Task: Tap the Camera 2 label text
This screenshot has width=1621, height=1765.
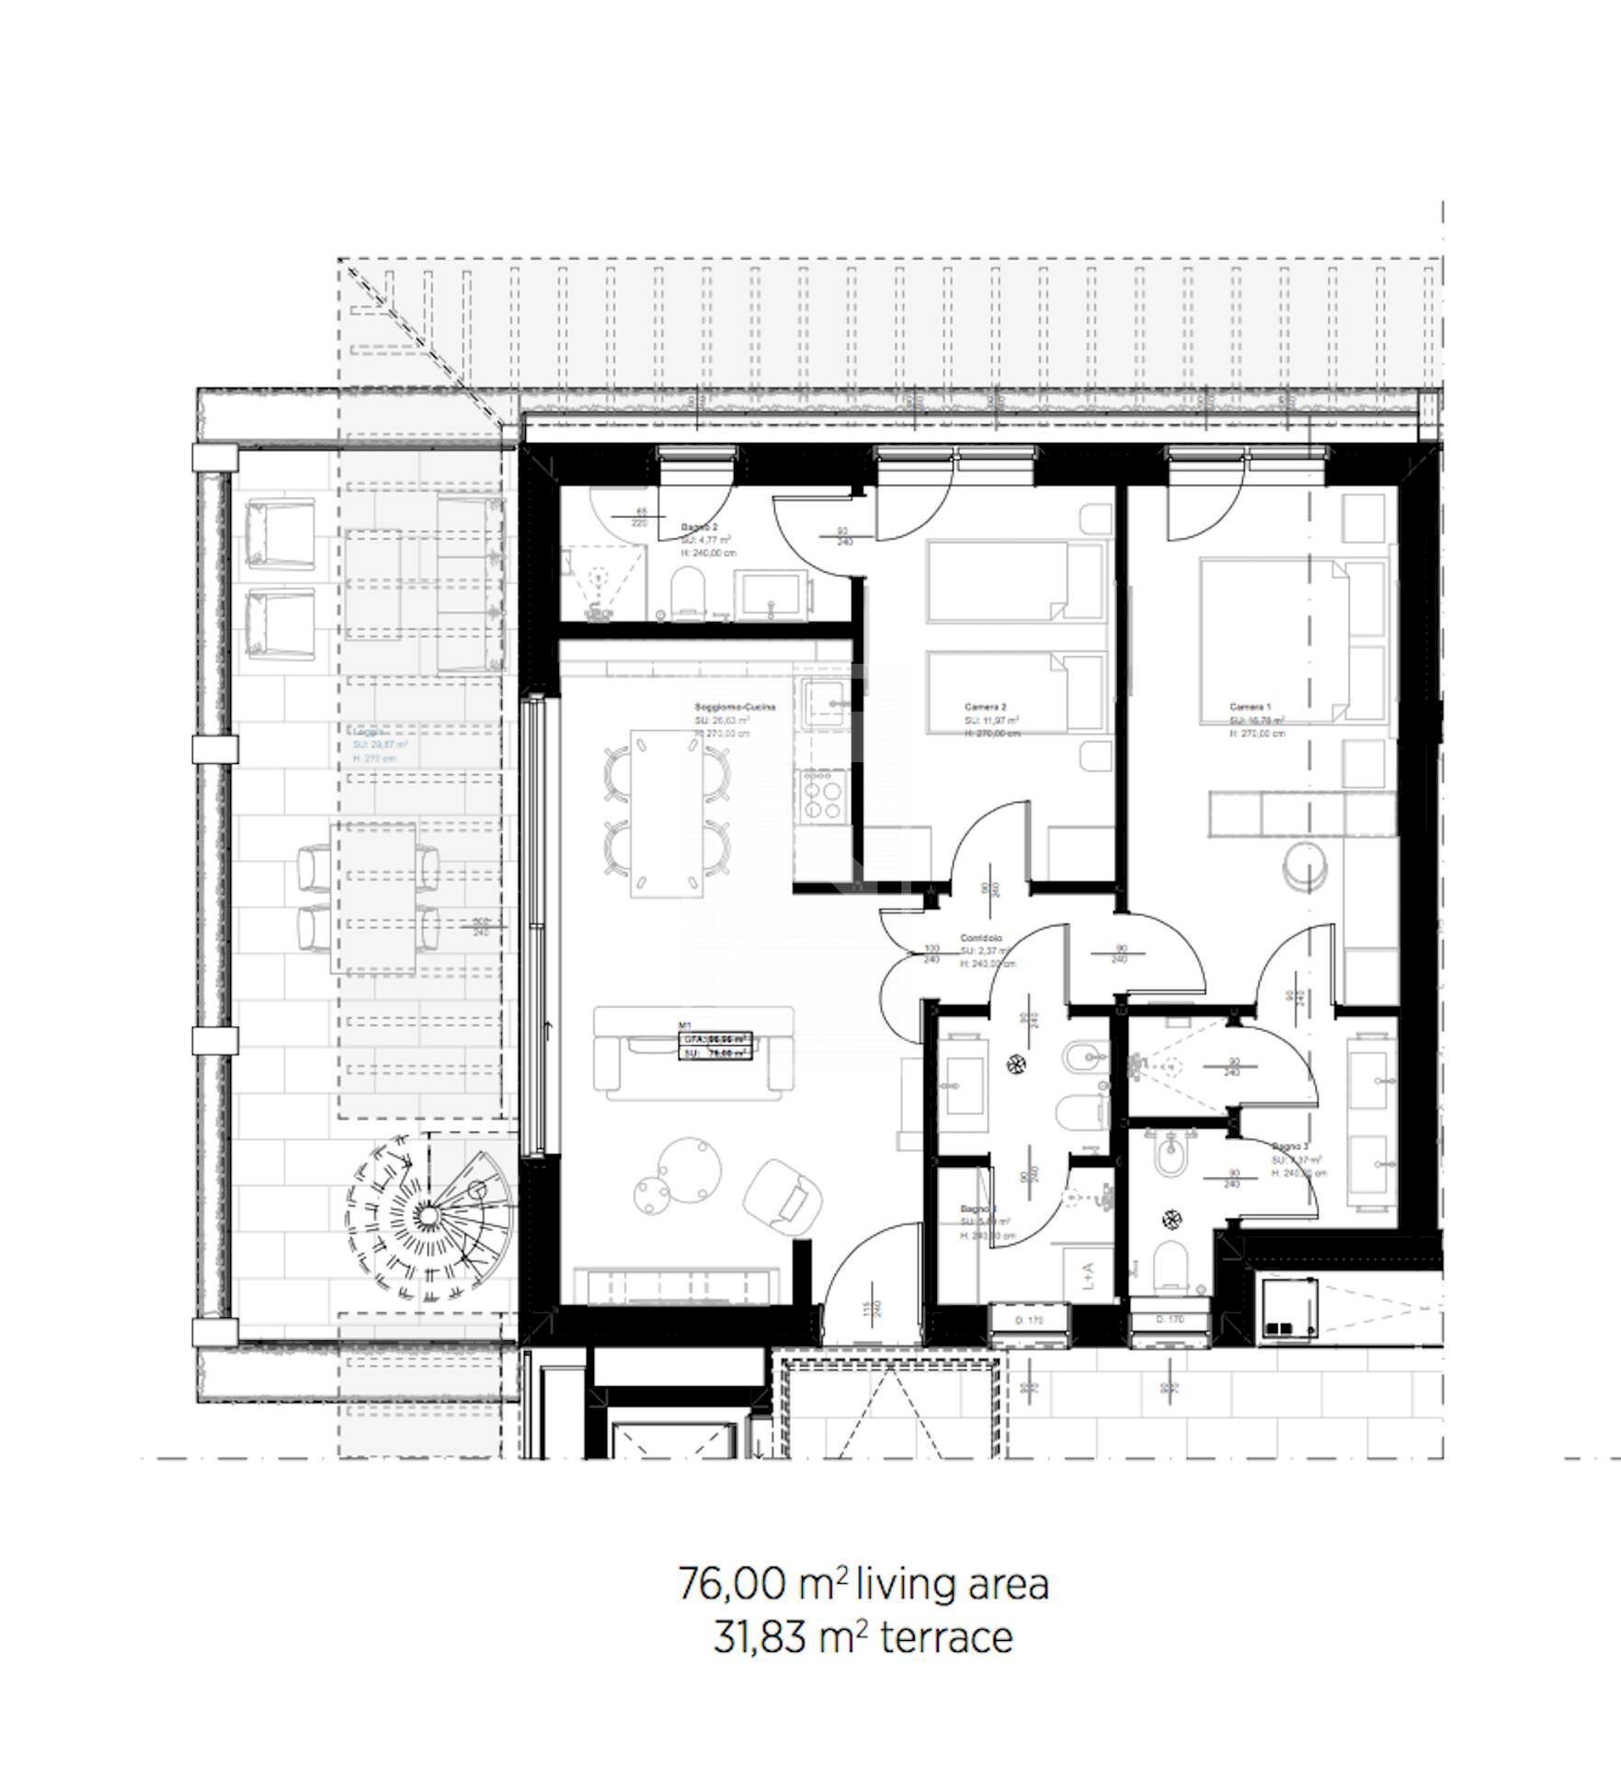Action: (978, 707)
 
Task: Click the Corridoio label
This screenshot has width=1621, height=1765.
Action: (981, 939)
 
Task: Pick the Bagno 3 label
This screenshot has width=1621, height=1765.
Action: (1289, 1147)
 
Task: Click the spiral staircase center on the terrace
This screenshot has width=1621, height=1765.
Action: (427, 1215)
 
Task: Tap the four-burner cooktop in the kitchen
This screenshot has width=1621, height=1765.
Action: (823, 795)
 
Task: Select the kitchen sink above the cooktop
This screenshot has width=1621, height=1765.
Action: (825, 704)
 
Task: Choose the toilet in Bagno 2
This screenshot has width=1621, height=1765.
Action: (687, 591)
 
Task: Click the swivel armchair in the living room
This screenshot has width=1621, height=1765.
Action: (782, 1195)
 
